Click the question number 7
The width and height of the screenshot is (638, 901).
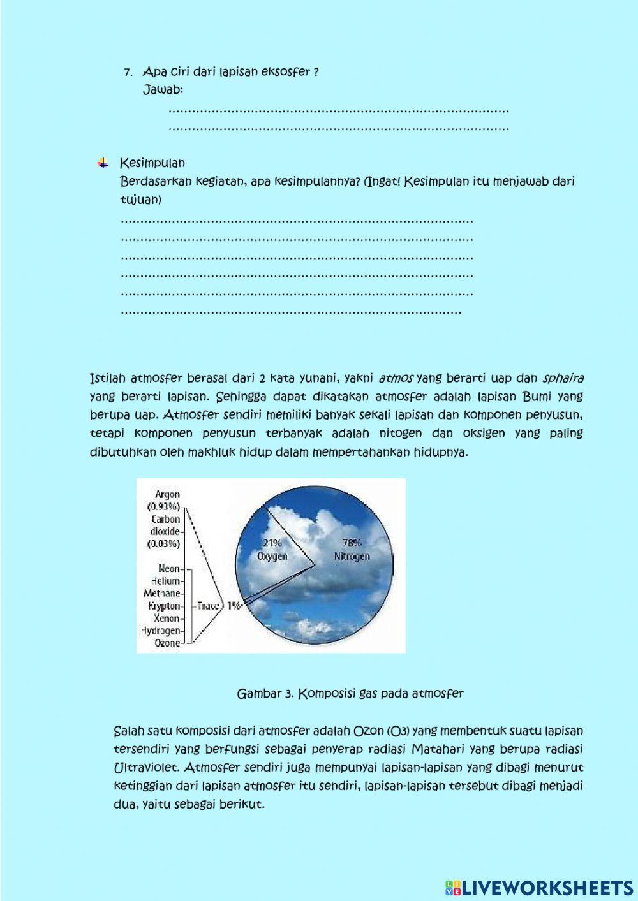point(128,72)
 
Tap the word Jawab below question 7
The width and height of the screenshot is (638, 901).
point(163,90)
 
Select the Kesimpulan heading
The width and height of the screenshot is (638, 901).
point(152,163)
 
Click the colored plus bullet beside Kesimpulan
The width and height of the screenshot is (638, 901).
point(103,163)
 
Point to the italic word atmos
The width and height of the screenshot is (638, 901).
point(396,377)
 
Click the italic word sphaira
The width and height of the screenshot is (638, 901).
point(562,377)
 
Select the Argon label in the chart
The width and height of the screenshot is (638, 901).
point(167,494)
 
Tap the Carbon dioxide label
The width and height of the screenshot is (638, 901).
point(166,525)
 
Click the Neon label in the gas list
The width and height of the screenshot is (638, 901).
point(169,568)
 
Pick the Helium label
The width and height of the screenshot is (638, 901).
point(166,581)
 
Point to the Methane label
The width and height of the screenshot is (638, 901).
point(162,593)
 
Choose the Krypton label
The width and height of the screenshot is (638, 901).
point(164,606)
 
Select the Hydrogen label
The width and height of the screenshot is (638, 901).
point(161,631)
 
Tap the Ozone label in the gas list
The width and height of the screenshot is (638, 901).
point(167,643)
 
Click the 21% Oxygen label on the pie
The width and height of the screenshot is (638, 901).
point(272,550)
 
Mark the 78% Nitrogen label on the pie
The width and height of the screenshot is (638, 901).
point(352,550)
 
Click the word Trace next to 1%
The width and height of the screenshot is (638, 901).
point(208,606)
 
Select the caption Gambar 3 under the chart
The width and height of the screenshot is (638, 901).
point(350,693)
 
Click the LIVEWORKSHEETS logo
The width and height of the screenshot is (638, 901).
point(539,887)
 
